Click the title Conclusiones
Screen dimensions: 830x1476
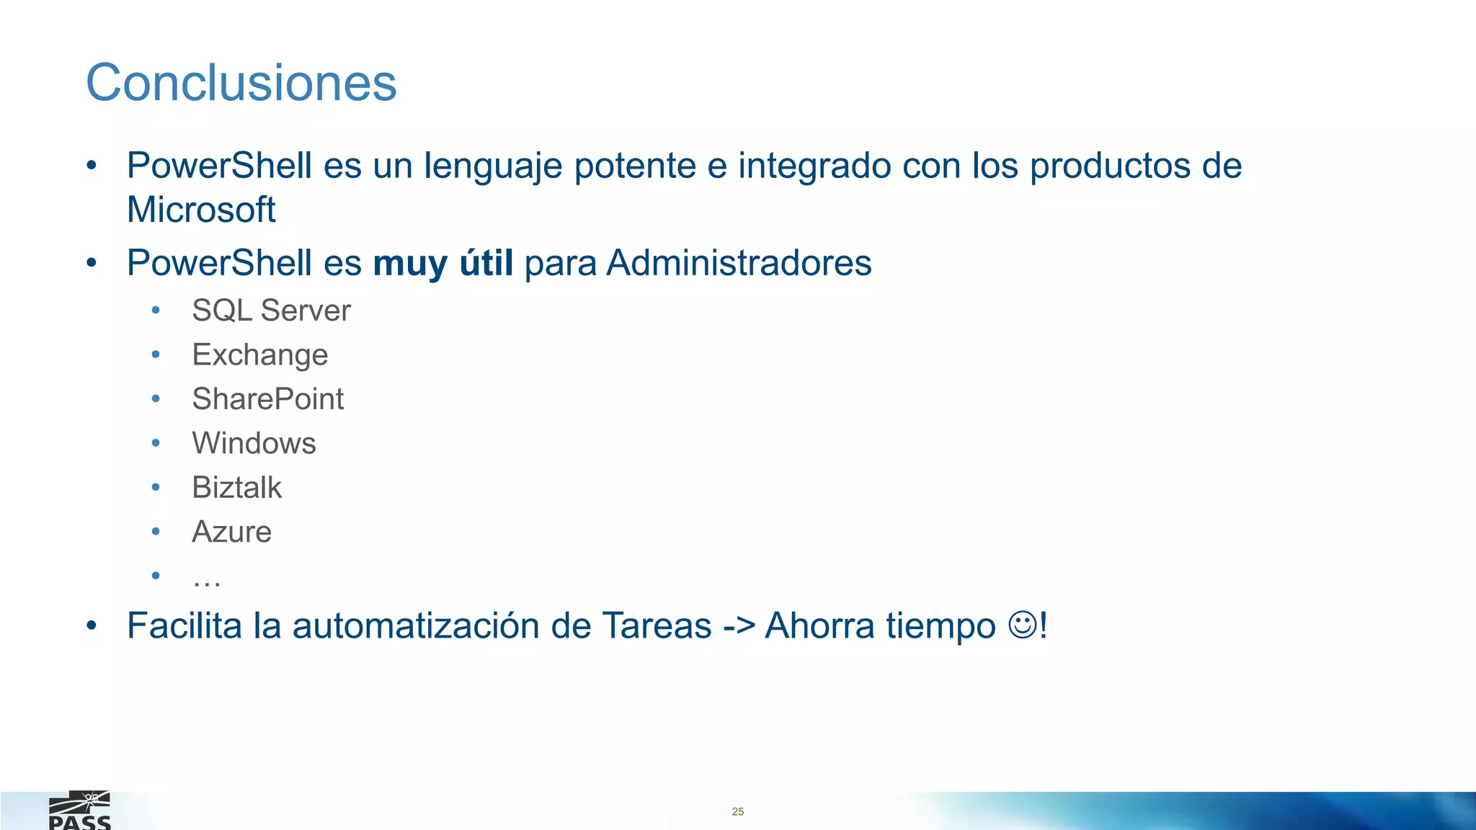click(241, 83)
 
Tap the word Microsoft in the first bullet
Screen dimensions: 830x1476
click(201, 210)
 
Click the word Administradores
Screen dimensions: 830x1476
click(739, 263)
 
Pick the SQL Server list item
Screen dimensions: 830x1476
click(271, 311)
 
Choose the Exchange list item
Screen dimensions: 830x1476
click(259, 355)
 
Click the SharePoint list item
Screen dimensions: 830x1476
click(267, 399)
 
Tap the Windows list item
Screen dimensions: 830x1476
click(254, 443)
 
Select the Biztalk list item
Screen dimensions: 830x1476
click(236, 488)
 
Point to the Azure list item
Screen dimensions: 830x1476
click(231, 532)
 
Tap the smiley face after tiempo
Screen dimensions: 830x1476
click(1022, 625)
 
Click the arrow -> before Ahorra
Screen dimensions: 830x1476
click(738, 625)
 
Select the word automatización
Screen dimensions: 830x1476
click(416, 625)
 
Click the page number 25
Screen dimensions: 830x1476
click(737, 811)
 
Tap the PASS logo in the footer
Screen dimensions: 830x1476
click(79, 811)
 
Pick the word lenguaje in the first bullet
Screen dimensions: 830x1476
click(493, 167)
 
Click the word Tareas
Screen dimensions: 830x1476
click(657, 625)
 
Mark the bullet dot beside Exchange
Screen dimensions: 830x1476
click(156, 354)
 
